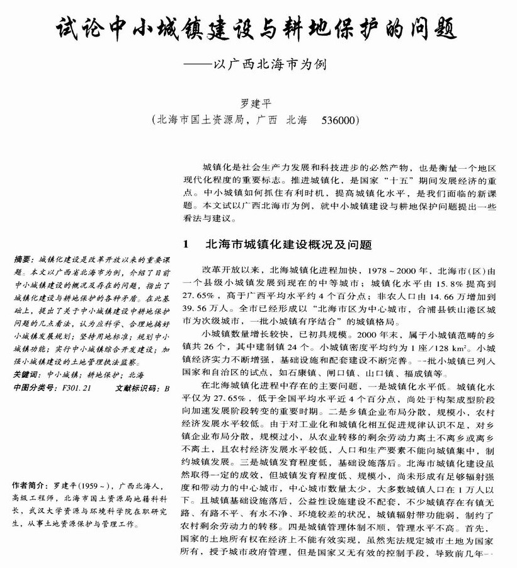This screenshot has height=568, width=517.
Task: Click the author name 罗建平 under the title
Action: tap(259, 103)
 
